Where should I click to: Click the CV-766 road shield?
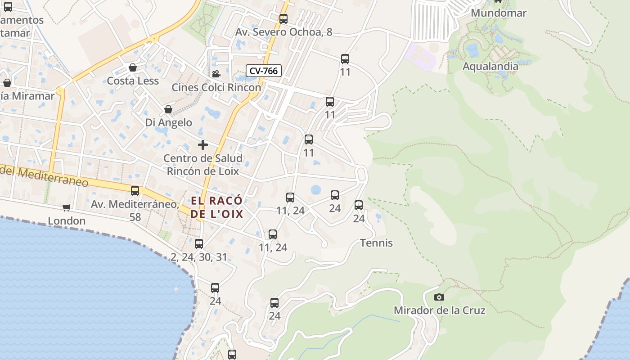pyautogui.click(x=264, y=71)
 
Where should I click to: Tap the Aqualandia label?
pyautogui.click(x=490, y=67)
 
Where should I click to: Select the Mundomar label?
pyautogui.click(x=499, y=13)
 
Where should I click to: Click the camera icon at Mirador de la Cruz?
pyautogui.click(x=439, y=297)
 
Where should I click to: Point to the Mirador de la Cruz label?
pyautogui.click(x=439, y=310)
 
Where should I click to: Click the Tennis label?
pyautogui.click(x=376, y=243)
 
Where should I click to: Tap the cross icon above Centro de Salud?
pyautogui.click(x=203, y=145)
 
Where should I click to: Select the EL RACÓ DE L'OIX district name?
pyautogui.click(x=216, y=207)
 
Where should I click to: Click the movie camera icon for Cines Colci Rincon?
pyautogui.click(x=216, y=74)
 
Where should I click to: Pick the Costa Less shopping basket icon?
pyautogui.click(x=133, y=67)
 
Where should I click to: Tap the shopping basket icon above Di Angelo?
pyautogui.click(x=168, y=109)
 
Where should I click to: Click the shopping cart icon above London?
pyautogui.click(x=67, y=207)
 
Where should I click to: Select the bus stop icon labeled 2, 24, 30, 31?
pyautogui.click(x=199, y=244)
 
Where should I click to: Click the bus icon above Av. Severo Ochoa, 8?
pyautogui.click(x=283, y=19)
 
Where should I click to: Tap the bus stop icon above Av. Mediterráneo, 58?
pyautogui.click(x=135, y=191)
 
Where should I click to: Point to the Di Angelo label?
pyautogui.click(x=168, y=122)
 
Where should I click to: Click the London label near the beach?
pyautogui.click(x=67, y=221)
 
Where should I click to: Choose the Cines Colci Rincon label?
pyautogui.click(x=216, y=87)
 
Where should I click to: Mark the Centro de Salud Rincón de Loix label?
pyautogui.click(x=203, y=165)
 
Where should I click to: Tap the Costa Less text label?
pyautogui.click(x=133, y=81)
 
